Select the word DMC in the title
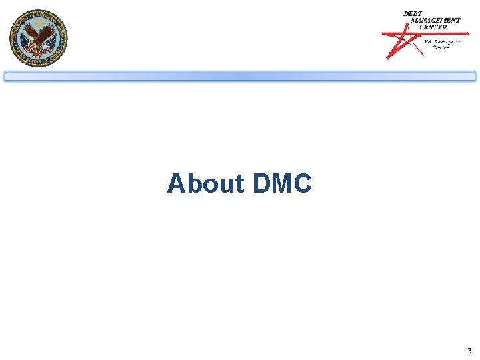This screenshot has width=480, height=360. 282,183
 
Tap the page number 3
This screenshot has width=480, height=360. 469,351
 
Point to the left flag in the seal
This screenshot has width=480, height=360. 27,45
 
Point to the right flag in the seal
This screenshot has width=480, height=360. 50,45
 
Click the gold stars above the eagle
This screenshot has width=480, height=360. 39,21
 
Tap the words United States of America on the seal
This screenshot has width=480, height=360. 39,59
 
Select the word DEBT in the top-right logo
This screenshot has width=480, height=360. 413,14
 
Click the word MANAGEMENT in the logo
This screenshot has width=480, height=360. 435,21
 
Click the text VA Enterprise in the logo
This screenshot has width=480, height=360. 442,41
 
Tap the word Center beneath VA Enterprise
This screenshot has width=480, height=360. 441,47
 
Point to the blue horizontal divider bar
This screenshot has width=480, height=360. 240,77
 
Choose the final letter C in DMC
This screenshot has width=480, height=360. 302,183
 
